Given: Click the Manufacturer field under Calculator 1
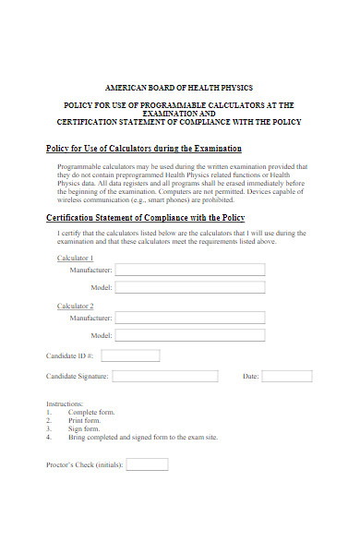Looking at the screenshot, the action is pyautogui.click(x=189, y=270).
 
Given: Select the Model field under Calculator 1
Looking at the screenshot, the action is pyautogui.click(x=189, y=288).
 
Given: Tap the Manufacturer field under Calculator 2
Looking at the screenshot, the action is pyautogui.click(x=189, y=318).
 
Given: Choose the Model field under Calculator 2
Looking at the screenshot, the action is pyautogui.click(x=189, y=336).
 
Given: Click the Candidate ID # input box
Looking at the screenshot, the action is pyautogui.click(x=130, y=355).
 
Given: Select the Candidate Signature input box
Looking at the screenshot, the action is pyautogui.click(x=165, y=376).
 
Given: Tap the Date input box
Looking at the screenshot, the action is pyautogui.click(x=287, y=376).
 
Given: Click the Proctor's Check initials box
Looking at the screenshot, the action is pyautogui.click(x=147, y=464).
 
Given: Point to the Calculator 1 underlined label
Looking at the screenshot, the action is pyautogui.click(x=76, y=258).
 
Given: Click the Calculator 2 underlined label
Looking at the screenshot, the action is pyautogui.click(x=76, y=306).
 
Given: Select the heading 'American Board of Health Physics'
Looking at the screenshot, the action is pyautogui.click(x=179, y=86).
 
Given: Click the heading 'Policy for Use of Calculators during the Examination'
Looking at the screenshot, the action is pyautogui.click(x=144, y=149).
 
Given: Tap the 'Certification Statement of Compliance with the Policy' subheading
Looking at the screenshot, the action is pyautogui.click(x=146, y=217).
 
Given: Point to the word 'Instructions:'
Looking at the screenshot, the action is pyautogui.click(x=65, y=404).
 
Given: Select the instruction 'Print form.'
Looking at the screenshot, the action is pyautogui.click(x=84, y=421).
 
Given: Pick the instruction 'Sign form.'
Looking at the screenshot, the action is pyautogui.click(x=83, y=429).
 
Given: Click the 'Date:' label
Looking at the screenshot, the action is pyautogui.click(x=250, y=377).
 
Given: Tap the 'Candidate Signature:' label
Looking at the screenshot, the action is pyautogui.click(x=78, y=377).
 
